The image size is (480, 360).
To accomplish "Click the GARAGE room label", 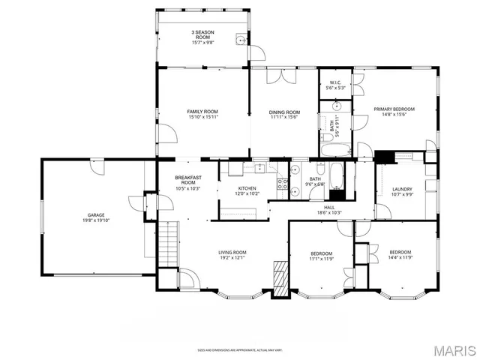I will click(95, 214).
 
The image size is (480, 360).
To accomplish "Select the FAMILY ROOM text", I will click(202, 112).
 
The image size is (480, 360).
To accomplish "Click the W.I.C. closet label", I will click(335, 84).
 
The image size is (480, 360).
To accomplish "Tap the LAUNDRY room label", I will click(402, 189).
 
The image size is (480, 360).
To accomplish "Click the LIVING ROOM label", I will click(232, 253).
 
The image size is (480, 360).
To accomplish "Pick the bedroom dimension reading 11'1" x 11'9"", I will click(321, 259).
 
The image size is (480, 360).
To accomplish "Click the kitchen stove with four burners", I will click(284, 185).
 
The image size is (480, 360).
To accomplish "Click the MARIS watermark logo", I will click(454, 350).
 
